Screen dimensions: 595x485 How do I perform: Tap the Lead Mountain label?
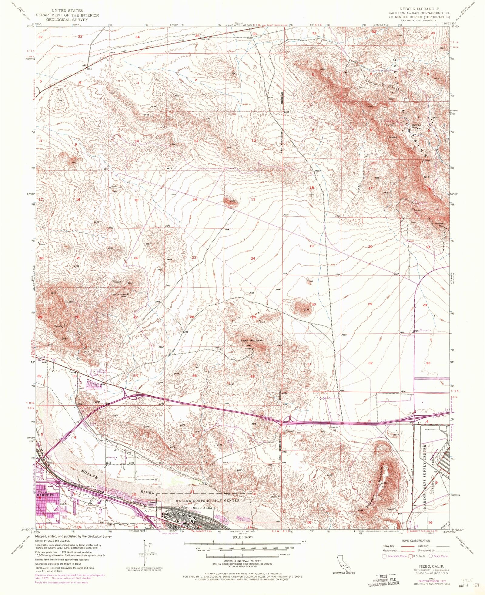[252, 340]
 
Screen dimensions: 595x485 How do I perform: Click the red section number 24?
[253, 259]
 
